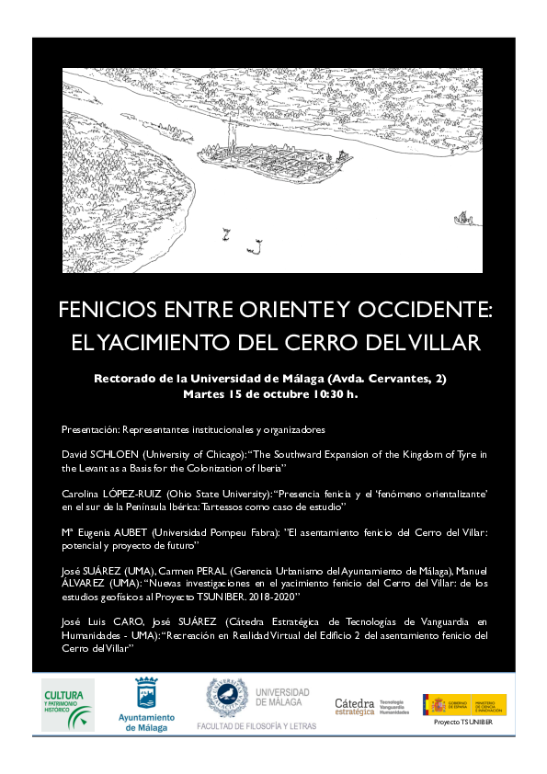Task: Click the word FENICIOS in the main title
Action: point(100,310)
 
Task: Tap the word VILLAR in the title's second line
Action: point(449,343)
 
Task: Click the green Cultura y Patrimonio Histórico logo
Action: point(68,704)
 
